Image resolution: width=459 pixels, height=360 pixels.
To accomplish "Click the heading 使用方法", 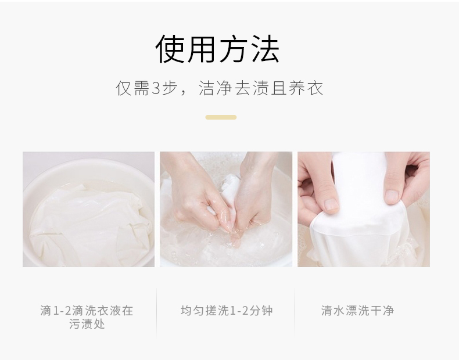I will [x=218, y=49].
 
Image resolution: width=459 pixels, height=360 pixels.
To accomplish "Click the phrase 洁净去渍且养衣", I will [x=261, y=88].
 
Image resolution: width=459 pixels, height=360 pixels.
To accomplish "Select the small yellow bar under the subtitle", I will [x=221, y=117].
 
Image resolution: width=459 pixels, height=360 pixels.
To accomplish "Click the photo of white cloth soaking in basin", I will [x=88, y=210].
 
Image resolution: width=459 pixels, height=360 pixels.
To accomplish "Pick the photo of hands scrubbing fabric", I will [x=226, y=210].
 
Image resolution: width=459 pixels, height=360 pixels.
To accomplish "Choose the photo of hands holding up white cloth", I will [x=364, y=210].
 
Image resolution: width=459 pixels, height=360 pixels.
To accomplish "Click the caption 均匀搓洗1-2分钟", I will [x=226, y=311].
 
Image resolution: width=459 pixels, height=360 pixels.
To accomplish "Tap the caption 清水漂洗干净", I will [x=357, y=311].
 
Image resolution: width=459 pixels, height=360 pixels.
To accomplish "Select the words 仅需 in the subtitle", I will [x=133, y=89].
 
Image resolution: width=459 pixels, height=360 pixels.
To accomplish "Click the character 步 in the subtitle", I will [x=175, y=89].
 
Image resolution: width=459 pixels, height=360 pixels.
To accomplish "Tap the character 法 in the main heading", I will [x=264, y=49].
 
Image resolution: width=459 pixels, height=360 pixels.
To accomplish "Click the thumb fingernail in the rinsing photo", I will [x=332, y=204].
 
